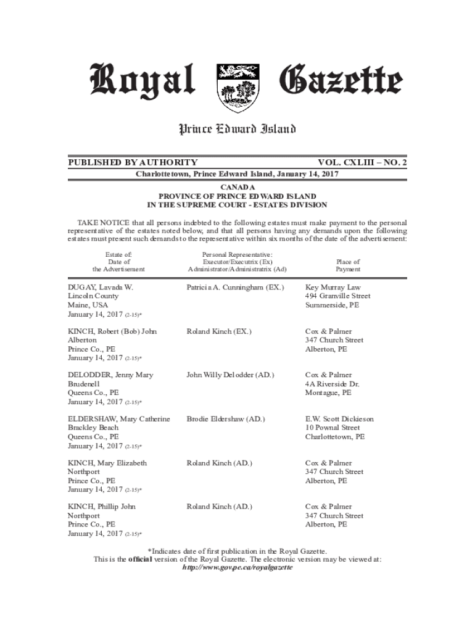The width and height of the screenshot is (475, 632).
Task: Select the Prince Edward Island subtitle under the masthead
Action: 238,129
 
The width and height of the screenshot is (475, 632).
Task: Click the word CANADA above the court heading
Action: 237,187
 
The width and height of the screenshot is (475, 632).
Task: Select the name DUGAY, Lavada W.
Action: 101,288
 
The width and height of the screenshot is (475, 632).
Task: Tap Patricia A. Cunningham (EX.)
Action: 236,288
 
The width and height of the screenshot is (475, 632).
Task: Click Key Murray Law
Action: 333,288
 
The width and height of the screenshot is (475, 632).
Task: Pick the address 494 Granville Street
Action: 338,296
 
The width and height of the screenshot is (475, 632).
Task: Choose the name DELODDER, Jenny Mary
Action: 110,375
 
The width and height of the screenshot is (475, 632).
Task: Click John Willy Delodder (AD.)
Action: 230,375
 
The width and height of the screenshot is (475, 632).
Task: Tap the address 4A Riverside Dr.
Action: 332,384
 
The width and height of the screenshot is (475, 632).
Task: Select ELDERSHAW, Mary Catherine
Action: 118,419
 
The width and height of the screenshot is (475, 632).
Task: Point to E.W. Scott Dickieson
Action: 340,419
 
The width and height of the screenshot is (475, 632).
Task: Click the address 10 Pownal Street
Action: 332,428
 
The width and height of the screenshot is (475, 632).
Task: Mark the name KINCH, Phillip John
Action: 102,507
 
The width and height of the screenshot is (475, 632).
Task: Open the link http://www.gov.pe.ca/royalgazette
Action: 238,568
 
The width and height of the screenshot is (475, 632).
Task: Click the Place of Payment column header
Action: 348,265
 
